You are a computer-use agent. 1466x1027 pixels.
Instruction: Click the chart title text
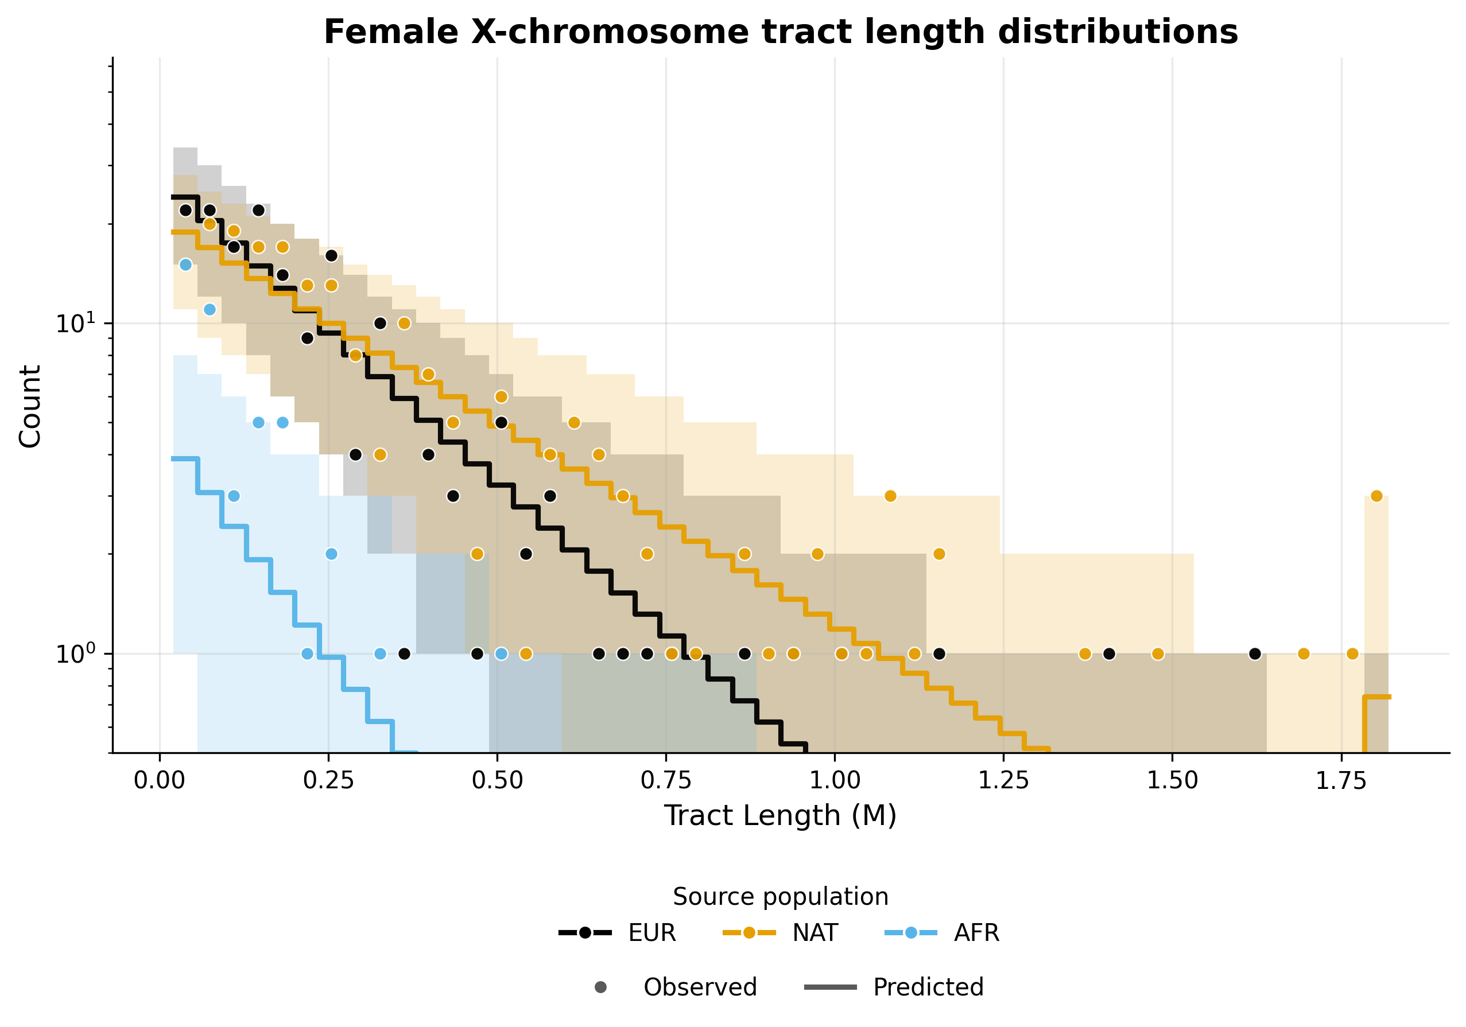tap(780, 32)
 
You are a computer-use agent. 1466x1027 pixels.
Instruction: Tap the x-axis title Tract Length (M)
tap(780, 816)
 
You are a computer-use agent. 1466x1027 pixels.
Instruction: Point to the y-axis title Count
tap(30, 407)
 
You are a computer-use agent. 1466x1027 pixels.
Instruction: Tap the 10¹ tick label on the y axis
tap(75, 324)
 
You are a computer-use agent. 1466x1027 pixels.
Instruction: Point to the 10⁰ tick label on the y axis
tap(75, 654)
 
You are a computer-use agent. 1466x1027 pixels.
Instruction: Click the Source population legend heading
tap(780, 897)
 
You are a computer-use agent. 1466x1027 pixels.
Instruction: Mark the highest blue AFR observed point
tap(185, 264)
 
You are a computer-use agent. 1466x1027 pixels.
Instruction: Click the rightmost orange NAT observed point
tap(1376, 496)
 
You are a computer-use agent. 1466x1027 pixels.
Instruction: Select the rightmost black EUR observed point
tap(1255, 653)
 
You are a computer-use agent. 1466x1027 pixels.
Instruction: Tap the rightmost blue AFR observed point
tap(501, 653)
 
